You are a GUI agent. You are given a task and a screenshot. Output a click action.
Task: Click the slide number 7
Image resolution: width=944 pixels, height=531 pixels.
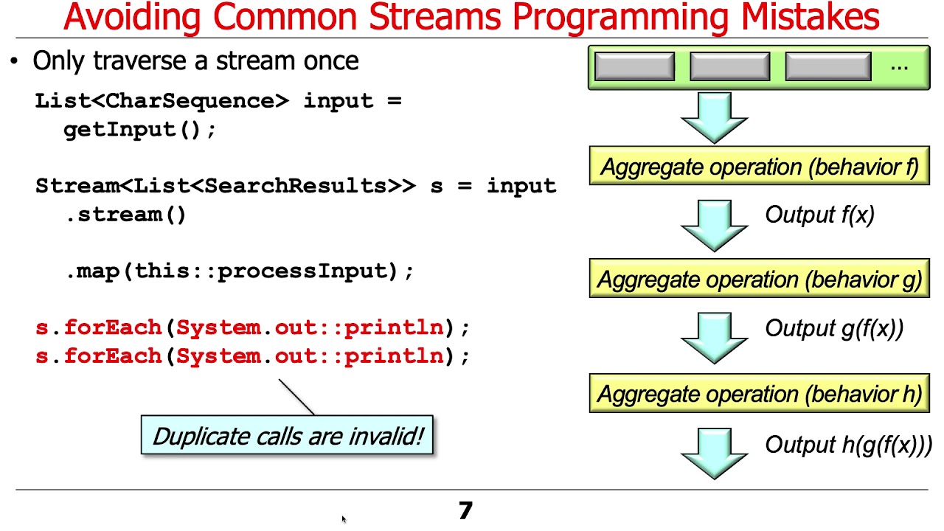pos(465,510)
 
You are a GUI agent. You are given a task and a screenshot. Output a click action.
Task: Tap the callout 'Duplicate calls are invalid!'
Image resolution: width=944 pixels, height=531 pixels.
pos(287,435)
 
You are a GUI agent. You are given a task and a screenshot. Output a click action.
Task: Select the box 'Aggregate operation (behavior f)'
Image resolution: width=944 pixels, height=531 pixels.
pos(759,167)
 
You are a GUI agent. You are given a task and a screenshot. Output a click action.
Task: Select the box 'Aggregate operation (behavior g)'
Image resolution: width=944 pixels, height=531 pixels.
pos(759,280)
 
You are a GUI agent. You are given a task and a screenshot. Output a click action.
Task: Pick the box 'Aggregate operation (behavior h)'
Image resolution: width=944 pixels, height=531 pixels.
pos(759,394)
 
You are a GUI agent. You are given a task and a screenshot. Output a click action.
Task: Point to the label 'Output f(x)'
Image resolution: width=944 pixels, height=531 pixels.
pos(819,215)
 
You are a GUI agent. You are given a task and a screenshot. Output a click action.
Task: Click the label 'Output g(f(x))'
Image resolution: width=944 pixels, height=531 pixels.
pos(833,328)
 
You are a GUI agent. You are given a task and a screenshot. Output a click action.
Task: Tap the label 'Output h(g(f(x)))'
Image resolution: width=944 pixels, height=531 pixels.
pos(848,445)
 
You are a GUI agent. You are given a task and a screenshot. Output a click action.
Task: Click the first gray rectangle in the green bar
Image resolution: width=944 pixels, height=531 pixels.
pos(634,66)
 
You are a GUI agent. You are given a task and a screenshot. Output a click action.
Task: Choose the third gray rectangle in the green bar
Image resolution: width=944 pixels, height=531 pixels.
pos(827,66)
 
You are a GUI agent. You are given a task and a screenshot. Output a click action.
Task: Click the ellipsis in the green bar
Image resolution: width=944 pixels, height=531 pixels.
pos(899,66)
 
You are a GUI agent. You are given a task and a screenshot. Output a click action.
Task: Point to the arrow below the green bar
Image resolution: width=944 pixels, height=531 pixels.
pos(714,118)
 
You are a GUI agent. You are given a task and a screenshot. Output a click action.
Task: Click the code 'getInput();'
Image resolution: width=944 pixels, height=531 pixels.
pos(140,130)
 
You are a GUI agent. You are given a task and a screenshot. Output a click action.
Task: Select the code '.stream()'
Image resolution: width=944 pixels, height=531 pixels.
pos(126,215)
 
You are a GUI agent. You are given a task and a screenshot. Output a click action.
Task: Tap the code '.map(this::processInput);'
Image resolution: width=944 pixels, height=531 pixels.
pos(240,271)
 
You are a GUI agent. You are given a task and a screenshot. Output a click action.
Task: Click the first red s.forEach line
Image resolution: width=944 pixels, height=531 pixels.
pos(252,327)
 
